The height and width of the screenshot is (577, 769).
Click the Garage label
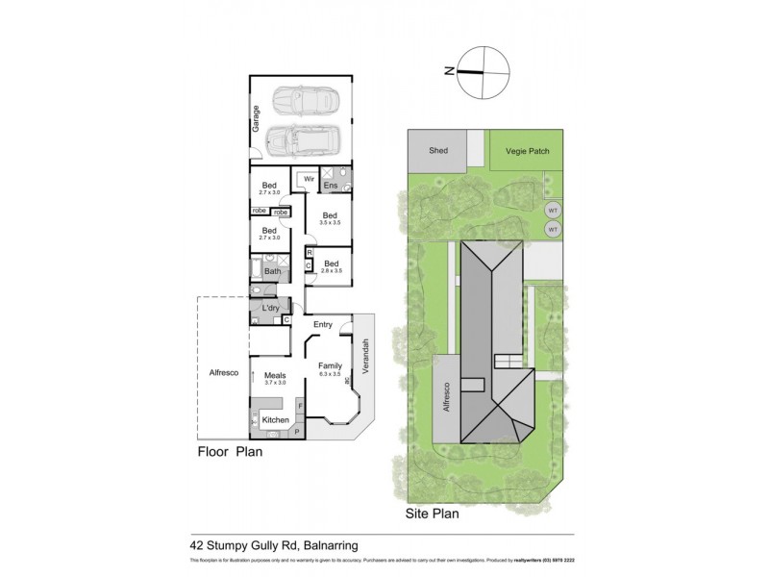pyautogui.click(x=257, y=117)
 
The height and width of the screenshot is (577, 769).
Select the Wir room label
pyautogui.click(x=309, y=180)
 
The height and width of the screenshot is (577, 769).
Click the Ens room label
pyautogui.click(x=331, y=185)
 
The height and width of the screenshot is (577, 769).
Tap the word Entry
pyautogui.click(x=322, y=325)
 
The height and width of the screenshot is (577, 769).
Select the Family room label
pyautogui.click(x=331, y=365)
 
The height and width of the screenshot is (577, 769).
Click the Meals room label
pyautogui.click(x=275, y=376)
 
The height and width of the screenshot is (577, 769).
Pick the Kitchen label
pyautogui.click(x=276, y=420)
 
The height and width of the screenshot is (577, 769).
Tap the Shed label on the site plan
pyautogui.click(x=438, y=151)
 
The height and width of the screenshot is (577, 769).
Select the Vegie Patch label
pyautogui.click(x=521, y=151)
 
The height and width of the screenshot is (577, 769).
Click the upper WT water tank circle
pyautogui.click(x=553, y=211)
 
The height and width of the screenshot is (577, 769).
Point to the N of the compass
pyautogui.click(x=447, y=69)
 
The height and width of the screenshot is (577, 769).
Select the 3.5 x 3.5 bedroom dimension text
pyautogui.click(x=330, y=224)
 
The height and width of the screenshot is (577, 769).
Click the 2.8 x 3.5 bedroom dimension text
pyautogui.click(x=331, y=272)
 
